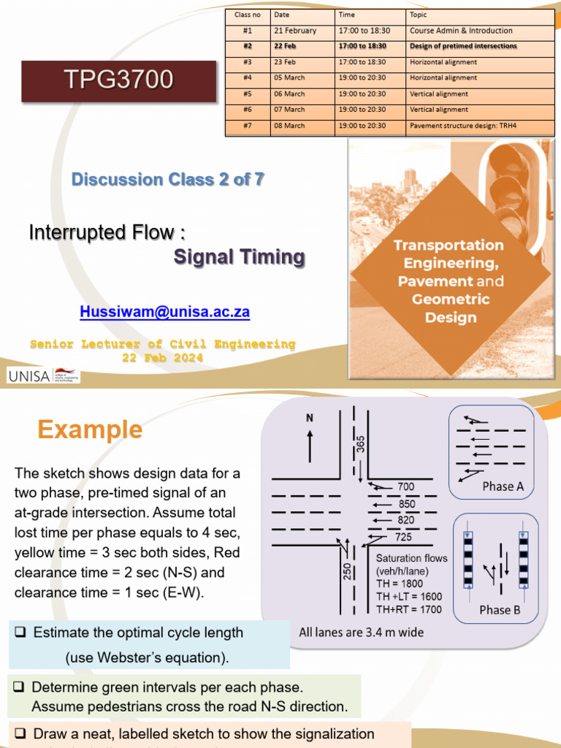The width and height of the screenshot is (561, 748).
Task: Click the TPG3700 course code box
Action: pos(118,80)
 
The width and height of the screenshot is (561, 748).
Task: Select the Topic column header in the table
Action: pos(419,15)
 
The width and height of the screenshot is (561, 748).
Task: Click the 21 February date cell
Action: pos(295,31)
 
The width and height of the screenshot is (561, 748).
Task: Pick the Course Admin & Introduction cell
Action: pos(461,31)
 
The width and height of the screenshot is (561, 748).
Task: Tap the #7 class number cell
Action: pos(248,126)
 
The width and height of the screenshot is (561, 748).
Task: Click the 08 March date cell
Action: pos(289,126)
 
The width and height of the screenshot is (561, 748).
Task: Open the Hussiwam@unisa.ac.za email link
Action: pos(164,312)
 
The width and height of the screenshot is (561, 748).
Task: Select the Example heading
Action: pos(90,430)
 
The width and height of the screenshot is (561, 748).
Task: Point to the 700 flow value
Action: pos(406,486)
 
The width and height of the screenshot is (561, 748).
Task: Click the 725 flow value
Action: pos(403,538)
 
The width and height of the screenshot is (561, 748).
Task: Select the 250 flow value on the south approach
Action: pos(347,570)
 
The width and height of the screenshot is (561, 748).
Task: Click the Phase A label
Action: pos(503,486)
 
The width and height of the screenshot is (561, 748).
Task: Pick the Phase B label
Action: pos(500,610)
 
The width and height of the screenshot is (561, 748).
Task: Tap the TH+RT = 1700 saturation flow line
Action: pos(409,608)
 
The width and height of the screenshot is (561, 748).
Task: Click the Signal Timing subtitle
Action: pos(239,257)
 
